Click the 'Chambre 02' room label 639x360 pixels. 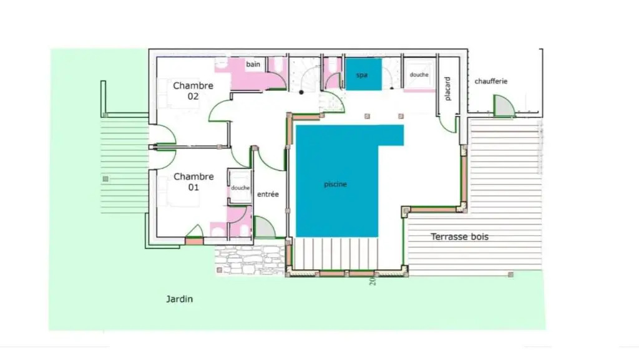(x=193, y=91)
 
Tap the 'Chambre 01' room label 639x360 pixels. (x=193, y=182)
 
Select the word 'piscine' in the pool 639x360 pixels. (x=335, y=185)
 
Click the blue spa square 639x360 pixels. (x=364, y=74)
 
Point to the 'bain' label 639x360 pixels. (x=253, y=64)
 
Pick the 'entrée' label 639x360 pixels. (x=268, y=194)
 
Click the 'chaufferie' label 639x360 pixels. (x=491, y=82)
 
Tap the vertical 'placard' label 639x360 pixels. (x=447, y=89)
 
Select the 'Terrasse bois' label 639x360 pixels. (x=460, y=236)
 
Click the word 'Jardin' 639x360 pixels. (x=179, y=299)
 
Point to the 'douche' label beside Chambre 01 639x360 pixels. (x=240, y=188)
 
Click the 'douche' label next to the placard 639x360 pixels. (x=419, y=75)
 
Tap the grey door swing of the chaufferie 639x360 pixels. (x=503, y=107)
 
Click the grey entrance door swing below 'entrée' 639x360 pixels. (x=263, y=228)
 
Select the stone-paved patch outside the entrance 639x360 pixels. (x=250, y=261)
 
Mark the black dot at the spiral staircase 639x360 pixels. (x=301, y=92)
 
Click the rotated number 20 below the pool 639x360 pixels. (x=373, y=281)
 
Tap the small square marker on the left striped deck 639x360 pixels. (x=105, y=179)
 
